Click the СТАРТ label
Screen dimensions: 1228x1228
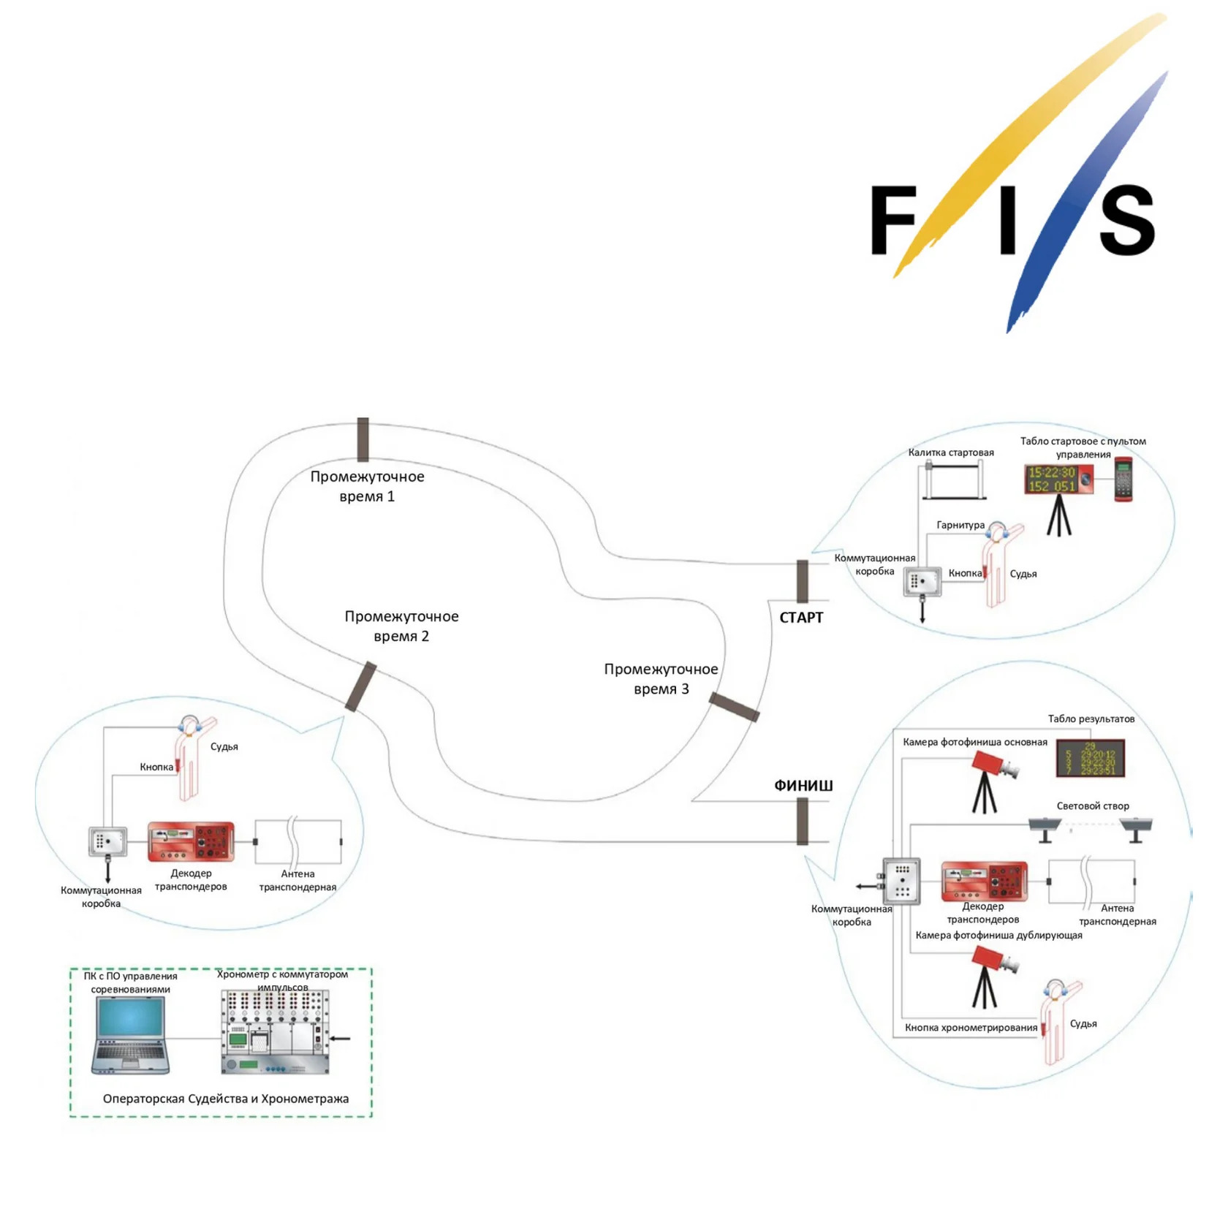point(801,618)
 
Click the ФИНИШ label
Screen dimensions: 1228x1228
point(803,786)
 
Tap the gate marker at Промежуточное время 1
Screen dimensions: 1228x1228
point(363,439)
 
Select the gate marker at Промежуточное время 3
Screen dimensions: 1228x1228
point(734,708)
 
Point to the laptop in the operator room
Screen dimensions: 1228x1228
point(131,1035)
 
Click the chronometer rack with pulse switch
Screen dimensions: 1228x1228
point(275,1032)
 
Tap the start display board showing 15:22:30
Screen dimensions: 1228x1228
point(1058,480)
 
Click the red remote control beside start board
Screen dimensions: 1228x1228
point(1123,480)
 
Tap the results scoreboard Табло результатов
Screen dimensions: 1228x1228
point(1090,759)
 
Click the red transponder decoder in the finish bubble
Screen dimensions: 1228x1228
point(984,881)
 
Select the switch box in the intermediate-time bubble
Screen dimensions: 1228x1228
point(108,842)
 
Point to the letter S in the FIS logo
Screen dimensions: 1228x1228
point(1126,219)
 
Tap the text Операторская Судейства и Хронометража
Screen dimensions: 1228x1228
point(226,1099)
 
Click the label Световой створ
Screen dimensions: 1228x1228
point(1093,806)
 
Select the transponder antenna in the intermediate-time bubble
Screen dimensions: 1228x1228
point(298,842)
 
